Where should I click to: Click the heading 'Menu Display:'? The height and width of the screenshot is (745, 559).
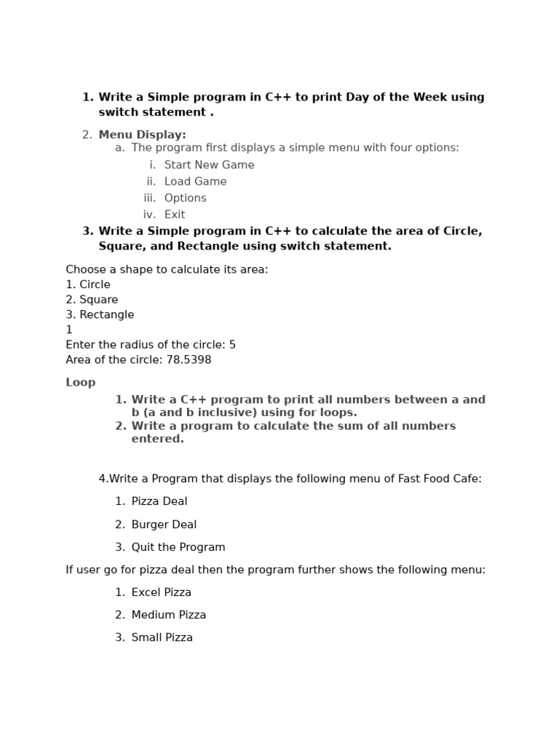click(x=142, y=135)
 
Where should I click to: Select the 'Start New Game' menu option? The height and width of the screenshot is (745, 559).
click(x=209, y=165)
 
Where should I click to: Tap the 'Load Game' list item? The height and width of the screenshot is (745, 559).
click(x=195, y=182)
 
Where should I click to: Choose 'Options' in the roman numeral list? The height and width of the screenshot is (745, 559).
click(x=185, y=198)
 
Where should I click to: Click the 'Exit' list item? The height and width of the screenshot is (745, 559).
click(x=175, y=215)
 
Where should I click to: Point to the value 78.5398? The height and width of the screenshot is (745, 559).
click(x=189, y=360)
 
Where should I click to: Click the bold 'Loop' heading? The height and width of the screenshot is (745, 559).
click(x=80, y=383)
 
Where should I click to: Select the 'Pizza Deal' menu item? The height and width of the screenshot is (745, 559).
click(x=159, y=501)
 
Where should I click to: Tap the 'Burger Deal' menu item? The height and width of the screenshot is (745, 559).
click(x=164, y=525)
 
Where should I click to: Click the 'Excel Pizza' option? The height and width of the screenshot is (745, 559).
click(x=161, y=592)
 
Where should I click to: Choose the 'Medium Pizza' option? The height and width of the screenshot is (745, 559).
click(x=168, y=615)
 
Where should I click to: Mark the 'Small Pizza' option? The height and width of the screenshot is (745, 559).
click(x=162, y=637)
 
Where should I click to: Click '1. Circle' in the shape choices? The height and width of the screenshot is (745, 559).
click(x=88, y=284)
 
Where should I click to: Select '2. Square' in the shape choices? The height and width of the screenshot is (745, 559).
click(x=92, y=300)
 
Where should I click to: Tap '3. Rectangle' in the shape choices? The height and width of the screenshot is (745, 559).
click(x=100, y=315)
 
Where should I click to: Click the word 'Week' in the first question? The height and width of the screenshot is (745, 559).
click(x=431, y=97)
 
